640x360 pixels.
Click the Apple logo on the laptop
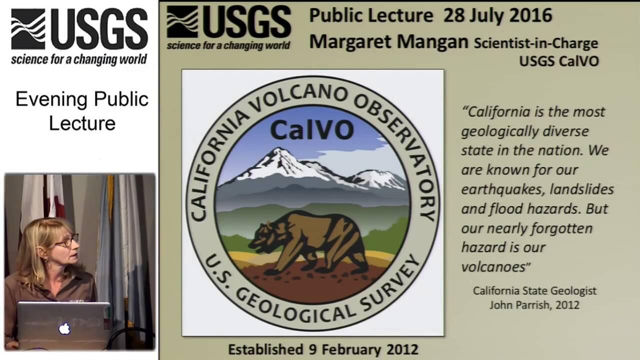(64, 328)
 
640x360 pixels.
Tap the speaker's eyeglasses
(67, 240)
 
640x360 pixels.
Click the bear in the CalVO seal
(308, 242)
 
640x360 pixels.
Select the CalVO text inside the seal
(312, 130)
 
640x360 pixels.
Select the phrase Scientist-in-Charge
(536, 43)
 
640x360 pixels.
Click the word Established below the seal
(265, 349)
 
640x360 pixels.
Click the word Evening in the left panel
(51, 99)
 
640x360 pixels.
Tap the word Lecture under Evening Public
(82, 123)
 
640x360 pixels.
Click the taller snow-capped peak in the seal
(281, 163)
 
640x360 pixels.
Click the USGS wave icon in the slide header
(182, 21)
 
